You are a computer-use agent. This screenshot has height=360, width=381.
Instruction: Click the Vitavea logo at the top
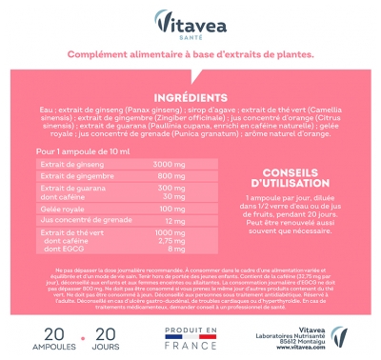190,20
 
